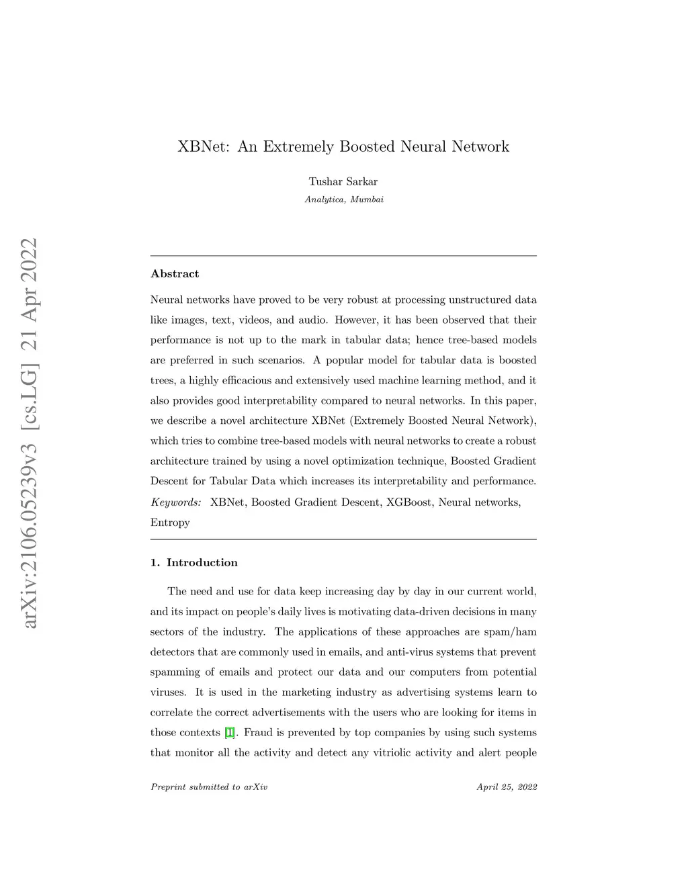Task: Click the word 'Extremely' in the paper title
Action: tap(298, 147)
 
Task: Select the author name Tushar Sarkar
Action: tap(343, 182)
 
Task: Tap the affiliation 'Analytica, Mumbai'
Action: tap(344, 199)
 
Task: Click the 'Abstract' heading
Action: tap(175, 274)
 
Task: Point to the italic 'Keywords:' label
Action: tap(175, 502)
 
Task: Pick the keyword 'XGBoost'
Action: tap(408, 502)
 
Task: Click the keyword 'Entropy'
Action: tap(170, 523)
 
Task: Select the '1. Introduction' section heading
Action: tap(194, 563)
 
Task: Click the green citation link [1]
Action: tap(230, 733)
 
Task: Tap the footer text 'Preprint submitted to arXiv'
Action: tap(209, 787)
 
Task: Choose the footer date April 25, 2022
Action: tap(507, 787)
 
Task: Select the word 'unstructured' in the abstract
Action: tap(480, 300)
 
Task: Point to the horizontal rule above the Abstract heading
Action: tap(343, 256)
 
